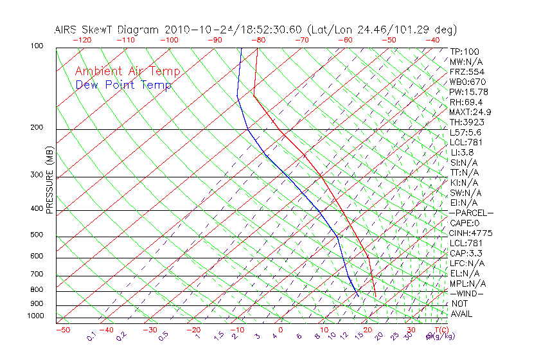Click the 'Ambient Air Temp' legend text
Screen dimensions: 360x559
(x=127, y=71)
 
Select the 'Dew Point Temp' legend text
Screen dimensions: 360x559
(x=123, y=85)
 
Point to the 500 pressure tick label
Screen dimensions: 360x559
(x=37, y=235)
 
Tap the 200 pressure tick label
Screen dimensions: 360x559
(x=37, y=128)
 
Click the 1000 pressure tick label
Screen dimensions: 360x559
(x=35, y=316)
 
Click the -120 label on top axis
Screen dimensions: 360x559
(x=82, y=40)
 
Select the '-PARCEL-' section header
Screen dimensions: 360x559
(x=471, y=213)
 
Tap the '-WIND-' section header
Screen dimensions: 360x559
(x=467, y=293)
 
